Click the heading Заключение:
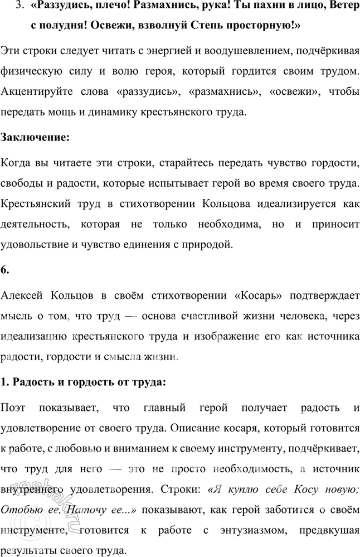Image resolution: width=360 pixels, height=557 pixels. point(36,137)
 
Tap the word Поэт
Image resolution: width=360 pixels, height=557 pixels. point(17,408)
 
